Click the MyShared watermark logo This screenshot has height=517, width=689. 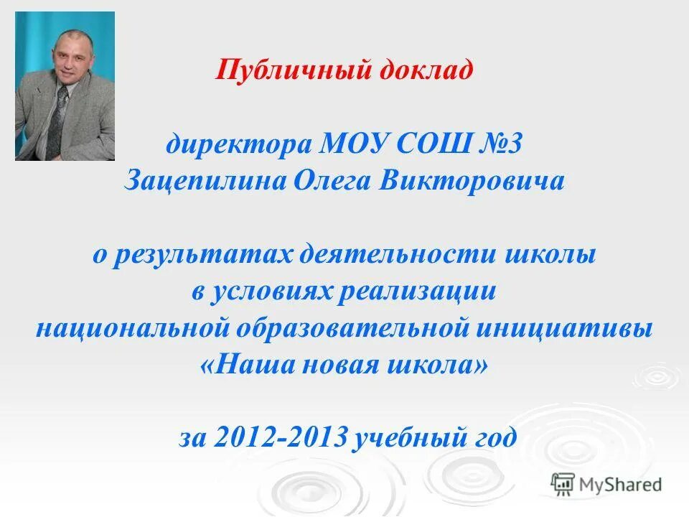(606, 484)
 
